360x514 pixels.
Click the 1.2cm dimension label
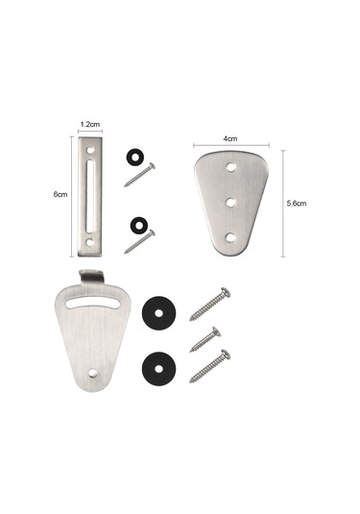[90, 124]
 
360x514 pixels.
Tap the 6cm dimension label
[60, 194]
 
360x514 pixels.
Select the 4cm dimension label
[230, 138]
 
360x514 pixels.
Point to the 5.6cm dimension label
[297, 204]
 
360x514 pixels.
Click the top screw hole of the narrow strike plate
[90, 150]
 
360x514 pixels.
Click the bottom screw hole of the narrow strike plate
[89, 242]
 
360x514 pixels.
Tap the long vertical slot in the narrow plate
[89, 196]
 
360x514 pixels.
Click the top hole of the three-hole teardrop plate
[232, 167]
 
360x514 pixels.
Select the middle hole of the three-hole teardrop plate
[231, 203]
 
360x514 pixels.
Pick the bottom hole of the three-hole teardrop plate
[230, 237]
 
